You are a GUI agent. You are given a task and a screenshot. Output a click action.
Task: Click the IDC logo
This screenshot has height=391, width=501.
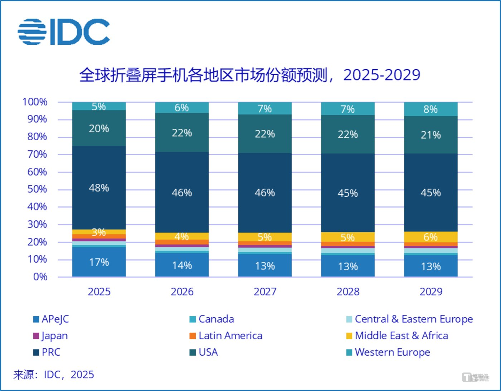pyautogui.click(x=64, y=32)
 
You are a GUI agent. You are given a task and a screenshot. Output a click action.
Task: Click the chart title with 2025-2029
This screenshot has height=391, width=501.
pyautogui.click(x=249, y=75)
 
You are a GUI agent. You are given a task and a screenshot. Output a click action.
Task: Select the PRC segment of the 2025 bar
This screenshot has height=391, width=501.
pyautogui.click(x=99, y=188)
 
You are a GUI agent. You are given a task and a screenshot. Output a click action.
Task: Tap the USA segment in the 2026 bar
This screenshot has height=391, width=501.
pyautogui.click(x=182, y=133)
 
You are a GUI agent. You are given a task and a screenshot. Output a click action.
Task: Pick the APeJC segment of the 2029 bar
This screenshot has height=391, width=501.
pyautogui.click(x=431, y=266)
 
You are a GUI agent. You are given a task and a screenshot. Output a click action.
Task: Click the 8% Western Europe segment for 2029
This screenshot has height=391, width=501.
pyautogui.click(x=431, y=109)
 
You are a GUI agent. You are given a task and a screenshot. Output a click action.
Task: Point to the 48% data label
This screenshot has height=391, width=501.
pyautogui.click(x=99, y=188)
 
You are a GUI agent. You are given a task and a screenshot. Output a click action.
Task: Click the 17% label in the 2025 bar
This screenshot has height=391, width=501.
pyautogui.click(x=99, y=262)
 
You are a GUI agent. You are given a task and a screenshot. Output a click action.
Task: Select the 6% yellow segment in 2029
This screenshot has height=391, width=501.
pyautogui.click(x=431, y=237)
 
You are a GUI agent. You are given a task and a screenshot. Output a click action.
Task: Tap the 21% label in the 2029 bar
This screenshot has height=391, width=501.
pyautogui.click(x=431, y=135)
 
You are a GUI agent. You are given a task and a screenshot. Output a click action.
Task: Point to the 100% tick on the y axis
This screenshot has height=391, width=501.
pyautogui.click(x=35, y=102)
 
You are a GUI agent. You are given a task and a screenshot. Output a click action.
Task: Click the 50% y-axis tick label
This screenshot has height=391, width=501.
pyautogui.click(x=37, y=189)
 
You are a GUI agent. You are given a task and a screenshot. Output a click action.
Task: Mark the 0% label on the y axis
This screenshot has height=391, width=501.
pyautogui.click(x=40, y=277)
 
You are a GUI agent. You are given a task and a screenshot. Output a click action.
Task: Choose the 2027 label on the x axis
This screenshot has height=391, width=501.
pyautogui.click(x=265, y=292)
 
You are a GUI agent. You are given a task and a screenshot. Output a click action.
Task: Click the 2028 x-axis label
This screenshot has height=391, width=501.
pyautogui.click(x=348, y=292)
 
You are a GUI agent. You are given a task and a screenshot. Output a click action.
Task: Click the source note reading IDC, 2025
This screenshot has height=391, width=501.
pyautogui.click(x=54, y=375)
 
